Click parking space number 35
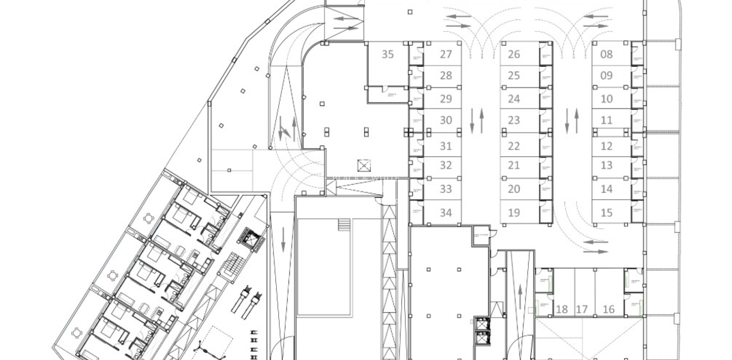point(388,54)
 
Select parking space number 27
point(445,54)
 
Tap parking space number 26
point(513,54)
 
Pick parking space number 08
point(606,54)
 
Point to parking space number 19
point(513,213)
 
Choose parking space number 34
point(445,213)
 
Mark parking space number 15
point(606,213)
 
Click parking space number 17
point(581,310)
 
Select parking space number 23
point(513,120)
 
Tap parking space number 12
point(606,146)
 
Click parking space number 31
point(445,146)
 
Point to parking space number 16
point(608,310)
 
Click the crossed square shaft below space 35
point(364,166)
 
